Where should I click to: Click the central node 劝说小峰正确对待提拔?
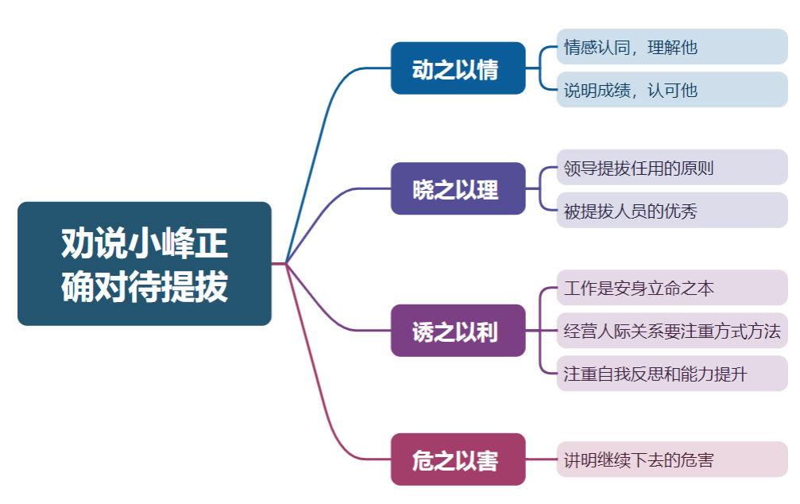144,263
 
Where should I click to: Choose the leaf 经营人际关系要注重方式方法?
671,331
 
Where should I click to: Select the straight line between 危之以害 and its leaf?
541,459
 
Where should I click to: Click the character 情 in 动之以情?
489,69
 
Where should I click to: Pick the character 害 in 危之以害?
489,460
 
